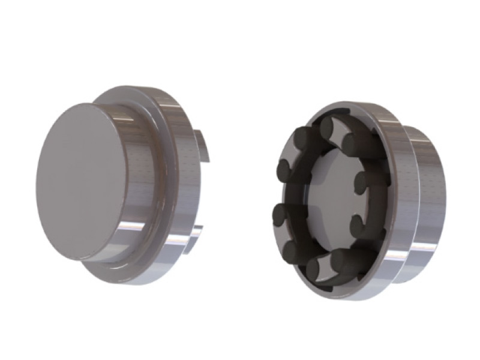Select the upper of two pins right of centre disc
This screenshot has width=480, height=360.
pos(362,180)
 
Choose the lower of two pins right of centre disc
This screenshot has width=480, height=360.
pos(359,226)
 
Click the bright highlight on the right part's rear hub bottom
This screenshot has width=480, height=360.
pos(420,252)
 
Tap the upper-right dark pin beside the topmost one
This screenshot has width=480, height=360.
pos(353,142)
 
